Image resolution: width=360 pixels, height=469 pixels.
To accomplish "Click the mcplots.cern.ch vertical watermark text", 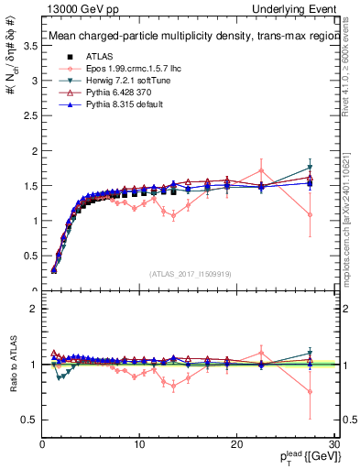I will click(x=354, y=220).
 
